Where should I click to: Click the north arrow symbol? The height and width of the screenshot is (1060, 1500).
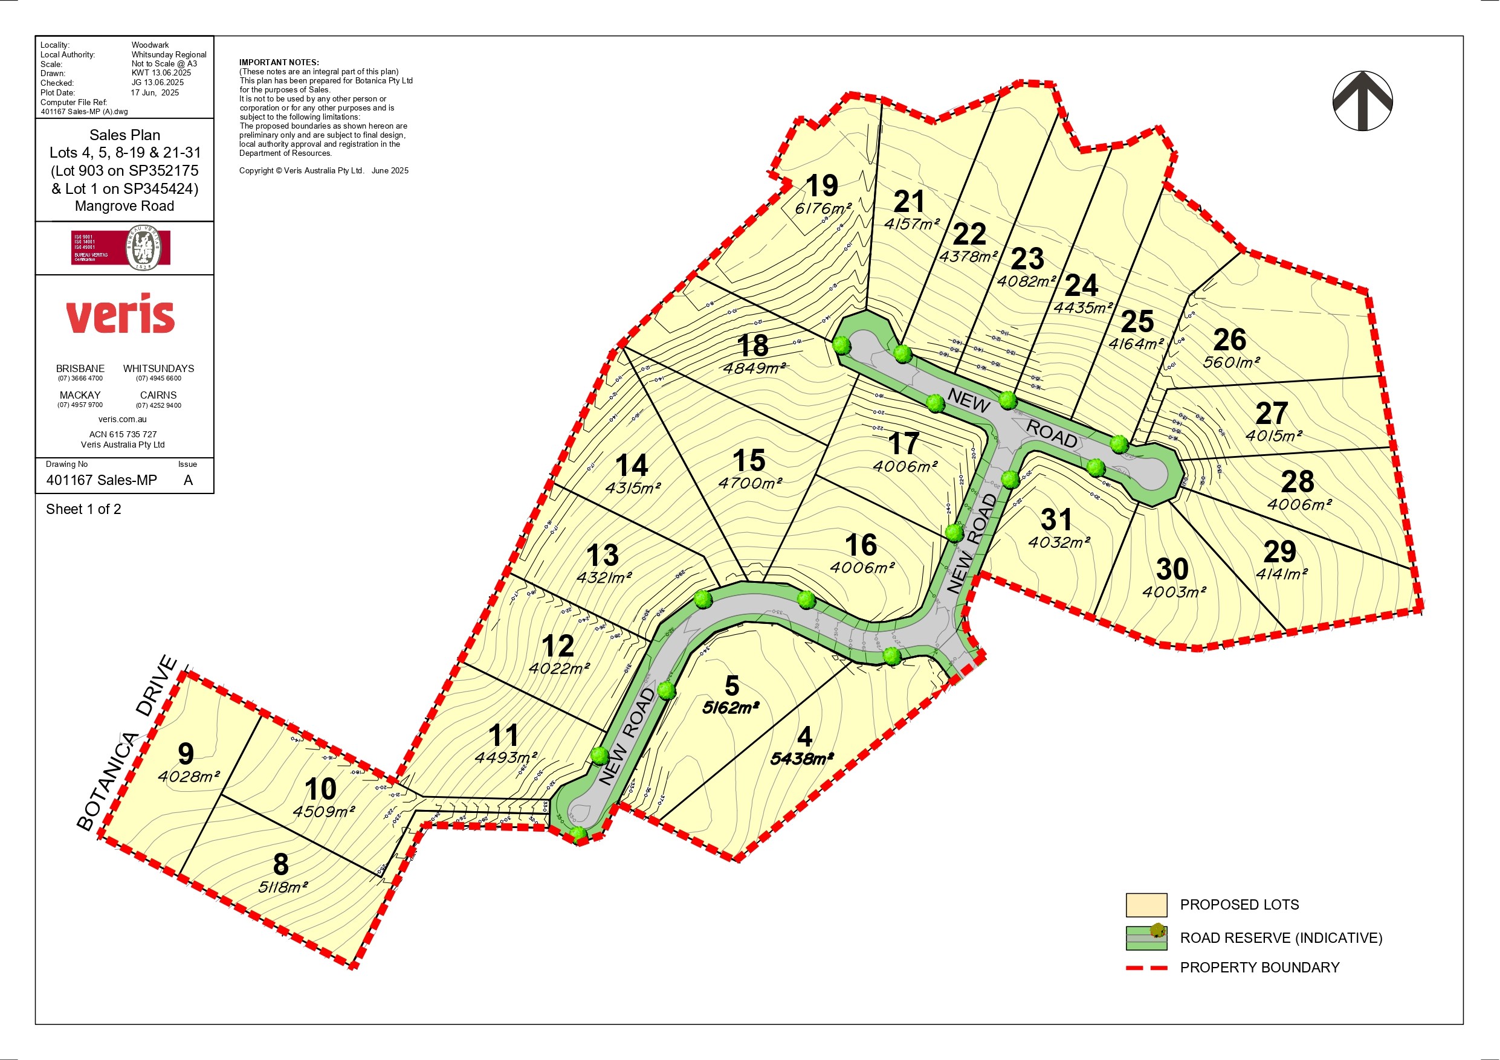point(1363,101)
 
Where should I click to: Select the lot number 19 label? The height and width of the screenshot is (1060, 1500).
point(821,186)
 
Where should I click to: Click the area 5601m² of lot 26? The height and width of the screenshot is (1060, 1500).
point(1231,362)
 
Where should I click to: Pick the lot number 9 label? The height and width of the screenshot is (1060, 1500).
point(186,754)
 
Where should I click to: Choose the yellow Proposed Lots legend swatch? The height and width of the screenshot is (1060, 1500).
point(1146,905)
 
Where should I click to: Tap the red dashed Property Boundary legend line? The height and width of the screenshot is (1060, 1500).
point(1146,967)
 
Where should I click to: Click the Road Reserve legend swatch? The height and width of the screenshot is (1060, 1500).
point(1146,938)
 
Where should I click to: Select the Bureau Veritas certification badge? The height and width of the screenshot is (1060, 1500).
point(121,248)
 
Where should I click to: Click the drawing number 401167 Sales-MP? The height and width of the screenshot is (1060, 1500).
point(102,480)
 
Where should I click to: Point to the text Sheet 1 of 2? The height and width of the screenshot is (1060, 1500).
point(83,509)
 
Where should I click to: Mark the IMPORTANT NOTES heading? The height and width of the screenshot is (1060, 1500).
point(279,63)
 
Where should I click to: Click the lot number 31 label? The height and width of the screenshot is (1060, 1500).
point(1056,520)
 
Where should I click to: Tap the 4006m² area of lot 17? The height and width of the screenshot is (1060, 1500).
point(905,466)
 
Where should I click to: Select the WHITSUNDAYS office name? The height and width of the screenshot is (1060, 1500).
point(158,368)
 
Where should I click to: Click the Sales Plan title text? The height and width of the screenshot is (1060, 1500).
point(124,135)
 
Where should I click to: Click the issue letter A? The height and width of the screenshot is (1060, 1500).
point(188,480)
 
